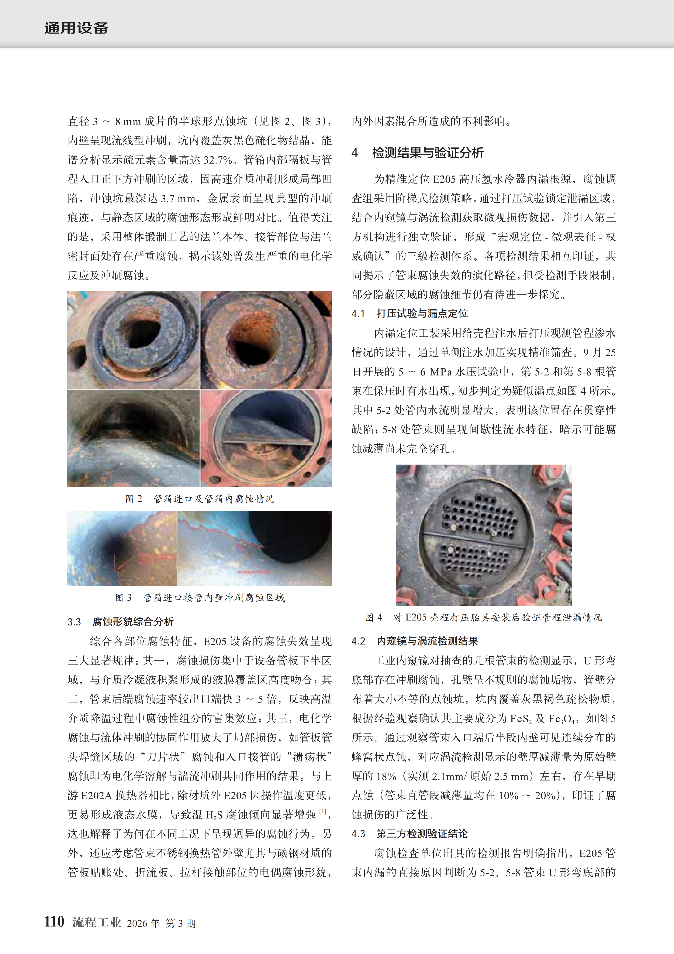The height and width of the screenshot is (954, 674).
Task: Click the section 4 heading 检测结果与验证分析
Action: (x=428, y=153)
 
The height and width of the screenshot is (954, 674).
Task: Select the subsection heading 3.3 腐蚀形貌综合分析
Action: (x=120, y=622)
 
